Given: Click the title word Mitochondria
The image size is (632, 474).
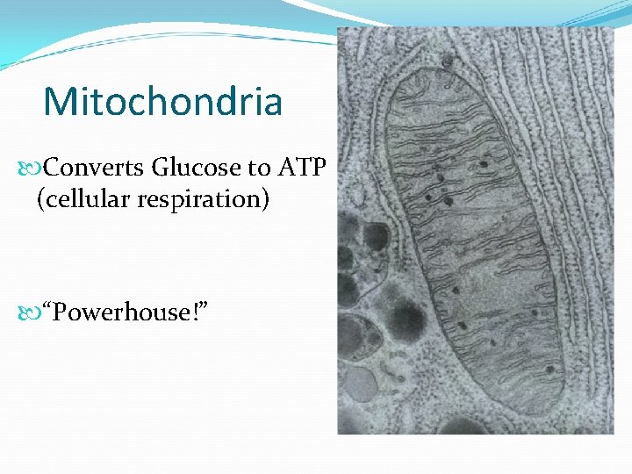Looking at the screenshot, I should coord(162,102).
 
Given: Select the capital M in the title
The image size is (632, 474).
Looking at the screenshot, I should coord(61,102).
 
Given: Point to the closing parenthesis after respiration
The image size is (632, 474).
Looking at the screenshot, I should coord(265,199).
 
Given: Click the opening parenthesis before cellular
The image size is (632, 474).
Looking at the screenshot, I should coord(40,199).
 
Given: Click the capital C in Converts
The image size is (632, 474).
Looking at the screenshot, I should coord(51,166).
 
